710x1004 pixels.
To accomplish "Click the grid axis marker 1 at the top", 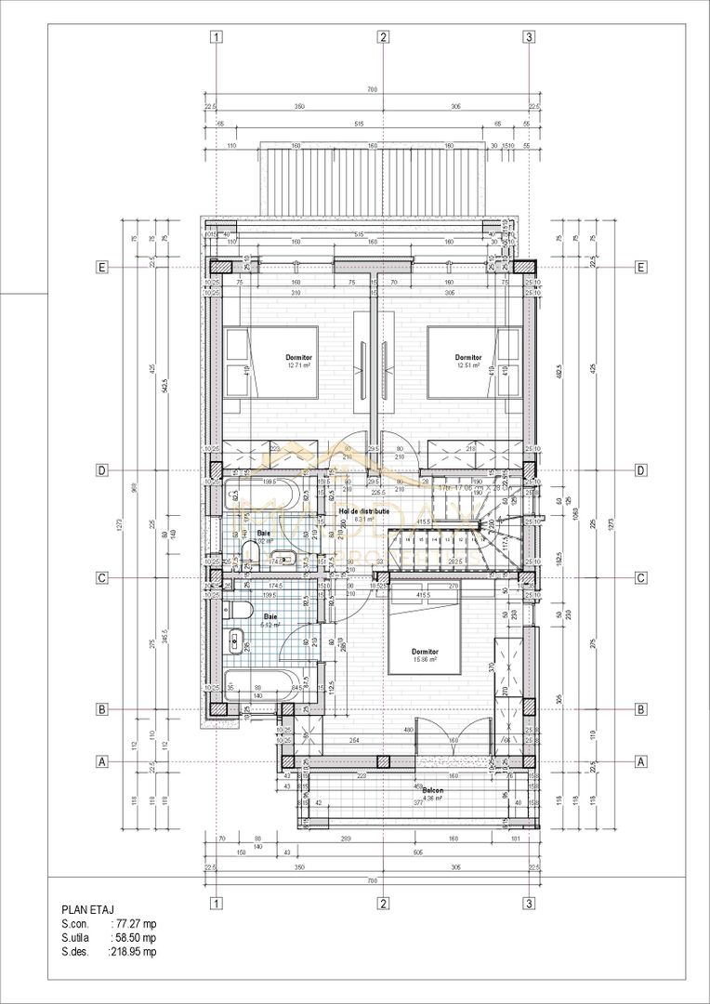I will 216,37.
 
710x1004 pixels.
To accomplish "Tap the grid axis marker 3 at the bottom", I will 529,903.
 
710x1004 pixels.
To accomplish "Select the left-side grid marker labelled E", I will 102,267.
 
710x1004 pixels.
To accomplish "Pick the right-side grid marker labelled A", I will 639,761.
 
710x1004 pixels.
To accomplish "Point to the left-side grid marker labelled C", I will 102,578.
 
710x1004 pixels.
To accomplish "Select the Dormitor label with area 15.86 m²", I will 425,655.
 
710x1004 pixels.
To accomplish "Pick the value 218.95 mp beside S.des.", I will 133,952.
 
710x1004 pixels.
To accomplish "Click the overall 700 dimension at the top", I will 372,90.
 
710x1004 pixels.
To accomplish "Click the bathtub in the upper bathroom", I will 259,495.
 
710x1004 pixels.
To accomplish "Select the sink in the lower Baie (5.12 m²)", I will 235,641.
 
